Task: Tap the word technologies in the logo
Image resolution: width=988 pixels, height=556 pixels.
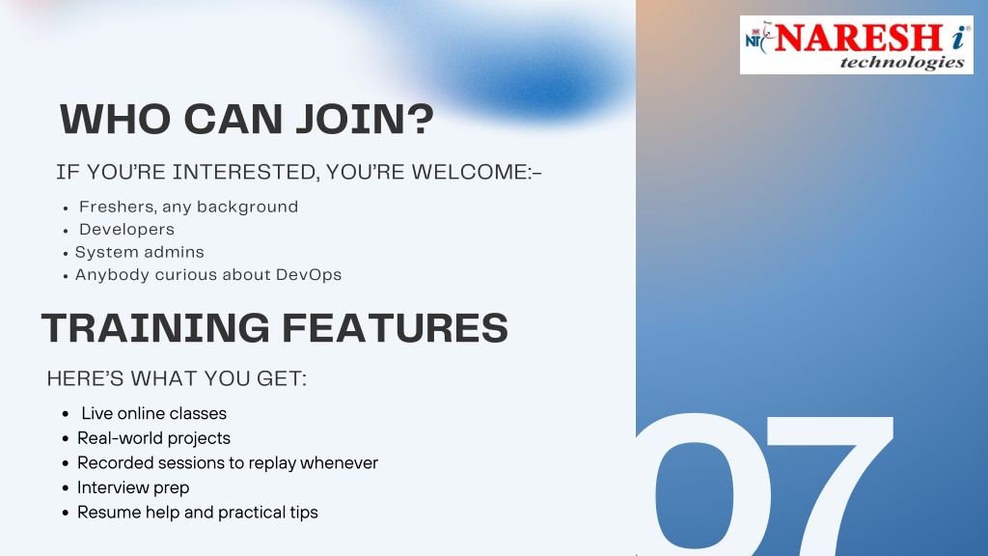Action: coord(902,63)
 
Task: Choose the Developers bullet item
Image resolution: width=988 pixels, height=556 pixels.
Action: coord(126,230)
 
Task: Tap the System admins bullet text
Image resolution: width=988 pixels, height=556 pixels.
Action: coord(139,252)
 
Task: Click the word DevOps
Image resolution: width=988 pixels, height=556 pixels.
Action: coord(309,275)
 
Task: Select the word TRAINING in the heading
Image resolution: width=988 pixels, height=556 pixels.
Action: coord(155,328)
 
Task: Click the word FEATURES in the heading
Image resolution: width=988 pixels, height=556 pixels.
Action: coord(395,328)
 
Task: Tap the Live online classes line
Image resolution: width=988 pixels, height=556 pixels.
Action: coord(153,413)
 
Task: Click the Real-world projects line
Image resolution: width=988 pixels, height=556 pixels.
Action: coord(153,438)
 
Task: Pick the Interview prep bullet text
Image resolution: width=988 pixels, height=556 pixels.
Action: coord(133,487)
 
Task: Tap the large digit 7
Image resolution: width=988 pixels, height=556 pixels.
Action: coord(829,486)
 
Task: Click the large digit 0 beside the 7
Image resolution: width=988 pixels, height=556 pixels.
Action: coord(700,485)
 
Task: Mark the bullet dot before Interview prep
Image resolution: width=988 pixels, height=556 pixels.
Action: coord(66,488)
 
